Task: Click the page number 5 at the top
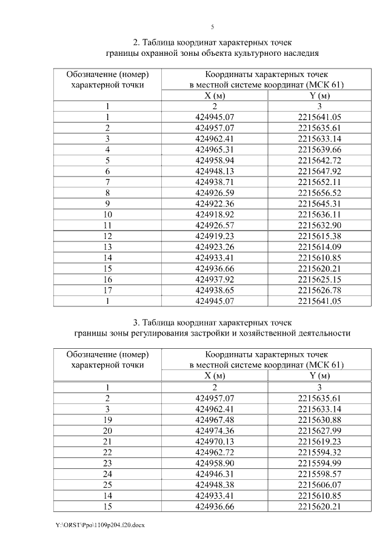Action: pyautogui.click(x=212, y=27)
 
